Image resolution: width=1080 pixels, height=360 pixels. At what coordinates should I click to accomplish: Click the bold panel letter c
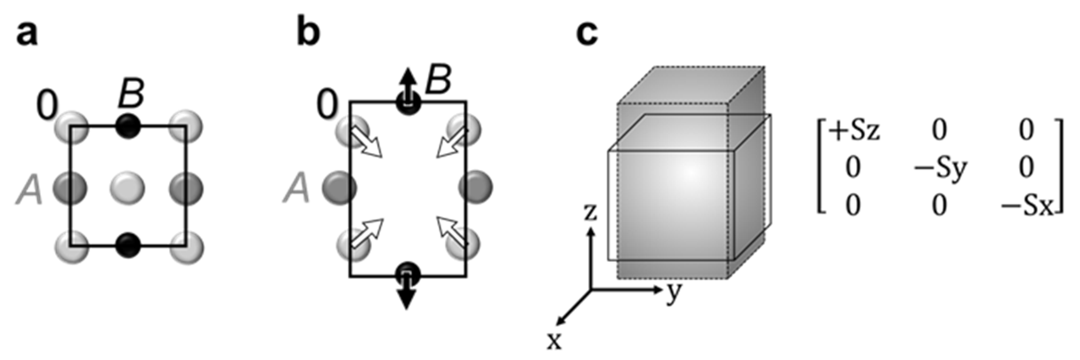tap(587, 35)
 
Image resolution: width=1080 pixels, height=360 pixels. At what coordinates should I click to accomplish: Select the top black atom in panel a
tap(128, 127)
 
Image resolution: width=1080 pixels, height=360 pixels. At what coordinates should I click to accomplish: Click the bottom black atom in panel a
tap(128, 245)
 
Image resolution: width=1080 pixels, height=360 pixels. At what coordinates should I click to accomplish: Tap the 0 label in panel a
tap(47, 106)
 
